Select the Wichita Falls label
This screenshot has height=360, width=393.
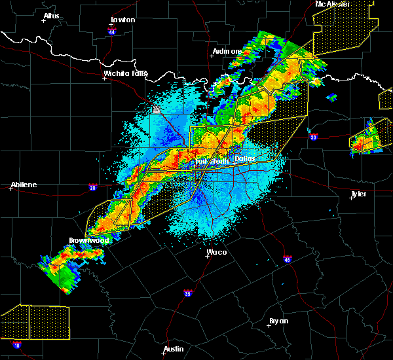125,73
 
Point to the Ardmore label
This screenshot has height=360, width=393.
227,51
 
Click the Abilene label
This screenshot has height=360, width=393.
24,185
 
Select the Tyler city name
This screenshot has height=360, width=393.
358,194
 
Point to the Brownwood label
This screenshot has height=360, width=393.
89,240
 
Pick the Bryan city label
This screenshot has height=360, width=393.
278,321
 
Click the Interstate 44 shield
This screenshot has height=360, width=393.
112,31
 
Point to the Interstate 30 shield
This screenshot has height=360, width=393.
314,137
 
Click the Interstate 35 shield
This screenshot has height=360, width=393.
188,293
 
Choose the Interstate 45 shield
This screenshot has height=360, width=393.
288,260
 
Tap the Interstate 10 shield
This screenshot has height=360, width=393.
16,344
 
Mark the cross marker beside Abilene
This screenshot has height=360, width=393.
12,189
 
